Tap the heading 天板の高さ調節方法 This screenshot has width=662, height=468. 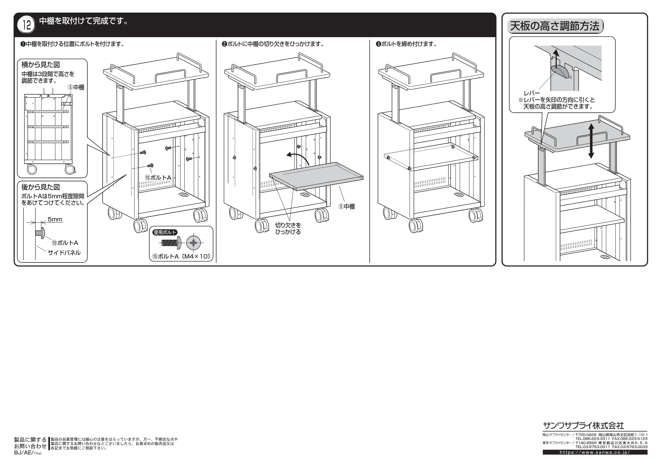pyautogui.click(x=555, y=26)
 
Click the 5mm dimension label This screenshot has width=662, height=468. pyautogui.click(x=55, y=219)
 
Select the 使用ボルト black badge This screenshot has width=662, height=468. pyautogui.click(x=165, y=232)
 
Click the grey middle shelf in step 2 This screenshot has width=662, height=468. pyautogui.click(x=316, y=176)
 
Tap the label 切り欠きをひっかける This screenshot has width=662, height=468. pyautogui.click(x=288, y=229)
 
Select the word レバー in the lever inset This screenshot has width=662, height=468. pyautogui.click(x=532, y=94)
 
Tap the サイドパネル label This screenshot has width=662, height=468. pyautogui.click(x=64, y=253)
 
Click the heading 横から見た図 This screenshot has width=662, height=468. pyautogui.click(x=40, y=65)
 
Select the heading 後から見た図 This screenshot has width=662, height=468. pyautogui.click(x=40, y=187)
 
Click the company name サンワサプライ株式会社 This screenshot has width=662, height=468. pyautogui.click(x=583, y=425)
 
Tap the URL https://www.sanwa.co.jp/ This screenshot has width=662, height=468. pyautogui.click(x=595, y=452)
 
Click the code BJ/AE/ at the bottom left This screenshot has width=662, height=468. pyautogui.click(x=24, y=453)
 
